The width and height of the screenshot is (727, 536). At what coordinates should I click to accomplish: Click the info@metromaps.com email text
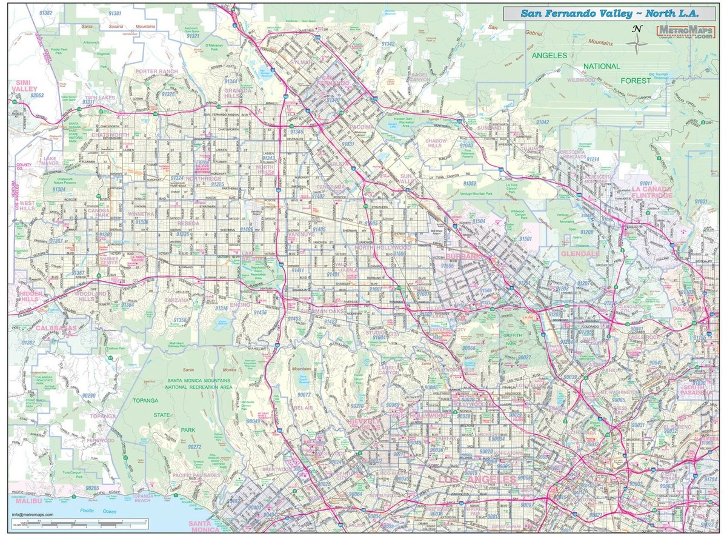[x=32, y=515]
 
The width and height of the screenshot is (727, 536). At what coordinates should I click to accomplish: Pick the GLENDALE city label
[x=580, y=253]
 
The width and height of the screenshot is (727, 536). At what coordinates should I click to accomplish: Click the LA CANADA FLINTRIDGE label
[x=651, y=192]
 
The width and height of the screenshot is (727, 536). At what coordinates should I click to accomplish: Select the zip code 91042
[x=542, y=122]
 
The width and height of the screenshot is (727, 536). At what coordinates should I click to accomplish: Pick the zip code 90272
[x=194, y=446]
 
